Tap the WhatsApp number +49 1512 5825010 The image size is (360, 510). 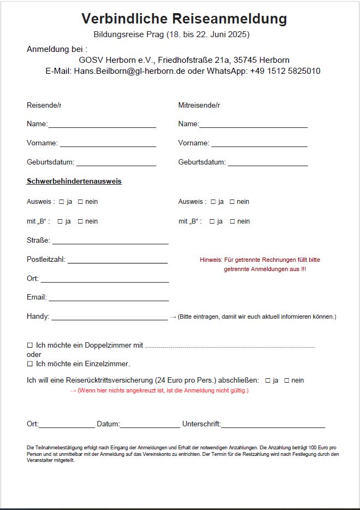pos(285,71)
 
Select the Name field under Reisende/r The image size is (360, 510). pos(102,125)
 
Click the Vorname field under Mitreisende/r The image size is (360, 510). pos(259,144)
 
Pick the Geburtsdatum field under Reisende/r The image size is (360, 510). pos(116,163)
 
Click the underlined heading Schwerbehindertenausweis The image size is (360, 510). pos(74,181)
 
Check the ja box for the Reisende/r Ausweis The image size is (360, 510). pos(61,202)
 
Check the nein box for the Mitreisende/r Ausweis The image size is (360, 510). pos(232,202)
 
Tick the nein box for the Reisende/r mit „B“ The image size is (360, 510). pos(80,221)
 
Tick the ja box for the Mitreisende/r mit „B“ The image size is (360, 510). pos(212,221)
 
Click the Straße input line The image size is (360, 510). pos(110,241)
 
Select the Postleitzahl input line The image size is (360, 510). pos(117,260)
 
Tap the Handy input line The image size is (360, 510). pos(109,317)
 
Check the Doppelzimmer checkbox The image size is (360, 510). pos(30,345)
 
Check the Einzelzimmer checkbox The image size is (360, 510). pos(30,364)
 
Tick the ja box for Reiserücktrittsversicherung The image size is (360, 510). pos(268,380)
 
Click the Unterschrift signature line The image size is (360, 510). pos(273,425)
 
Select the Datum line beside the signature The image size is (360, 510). pos(150,425)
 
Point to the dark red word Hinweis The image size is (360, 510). pos(211,260)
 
